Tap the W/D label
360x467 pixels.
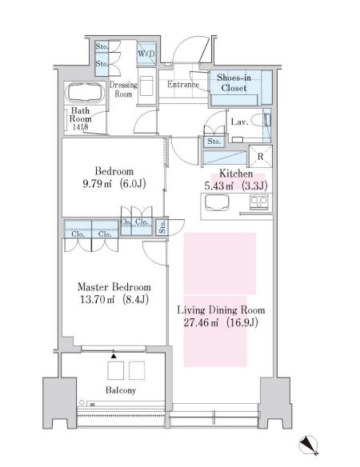click(146, 54)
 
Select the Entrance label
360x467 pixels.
click(182, 85)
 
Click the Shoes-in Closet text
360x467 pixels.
click(234, 83)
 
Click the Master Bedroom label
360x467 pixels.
click(113, 287)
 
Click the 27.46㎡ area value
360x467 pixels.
click(201, 324)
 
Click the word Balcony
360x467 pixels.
click(119, 390)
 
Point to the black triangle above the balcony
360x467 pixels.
click(114, 354)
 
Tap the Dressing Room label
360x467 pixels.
click(123, 89)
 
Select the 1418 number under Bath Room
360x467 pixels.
click(80, 126)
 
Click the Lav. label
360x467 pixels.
click(238, 122)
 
